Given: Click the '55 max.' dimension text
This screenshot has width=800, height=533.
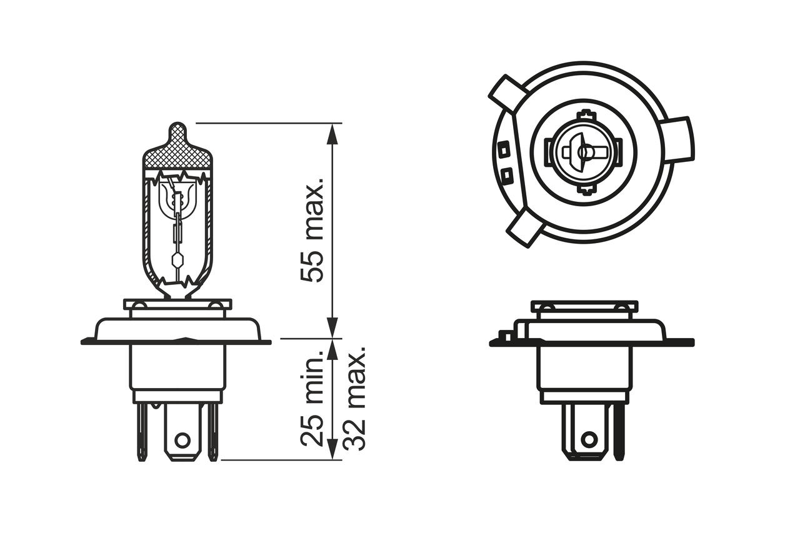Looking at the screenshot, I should click(312, 229).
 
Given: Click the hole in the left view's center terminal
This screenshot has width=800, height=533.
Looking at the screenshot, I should click(182, 439).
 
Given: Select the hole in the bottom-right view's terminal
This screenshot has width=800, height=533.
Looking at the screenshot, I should click(588, 439).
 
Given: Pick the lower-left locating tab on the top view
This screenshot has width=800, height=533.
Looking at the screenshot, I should click(524, 229).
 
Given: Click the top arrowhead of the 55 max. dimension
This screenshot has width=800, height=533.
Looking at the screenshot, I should click(332, 133).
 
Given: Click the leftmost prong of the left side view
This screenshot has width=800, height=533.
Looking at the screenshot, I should click(142, 431).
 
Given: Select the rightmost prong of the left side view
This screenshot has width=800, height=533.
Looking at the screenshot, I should click(214, 431).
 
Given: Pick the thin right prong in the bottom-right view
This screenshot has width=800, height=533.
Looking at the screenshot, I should click(619, 431).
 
